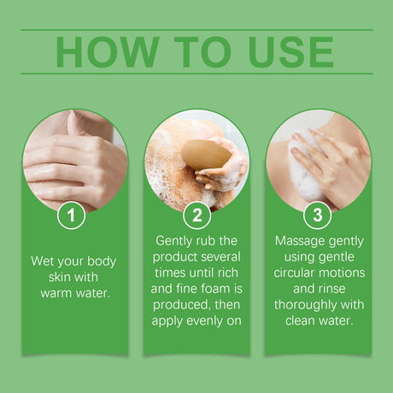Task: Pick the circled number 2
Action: [x=196, y=215]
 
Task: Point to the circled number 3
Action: [x=317, y=215]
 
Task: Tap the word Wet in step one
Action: [x=44, y=261]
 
